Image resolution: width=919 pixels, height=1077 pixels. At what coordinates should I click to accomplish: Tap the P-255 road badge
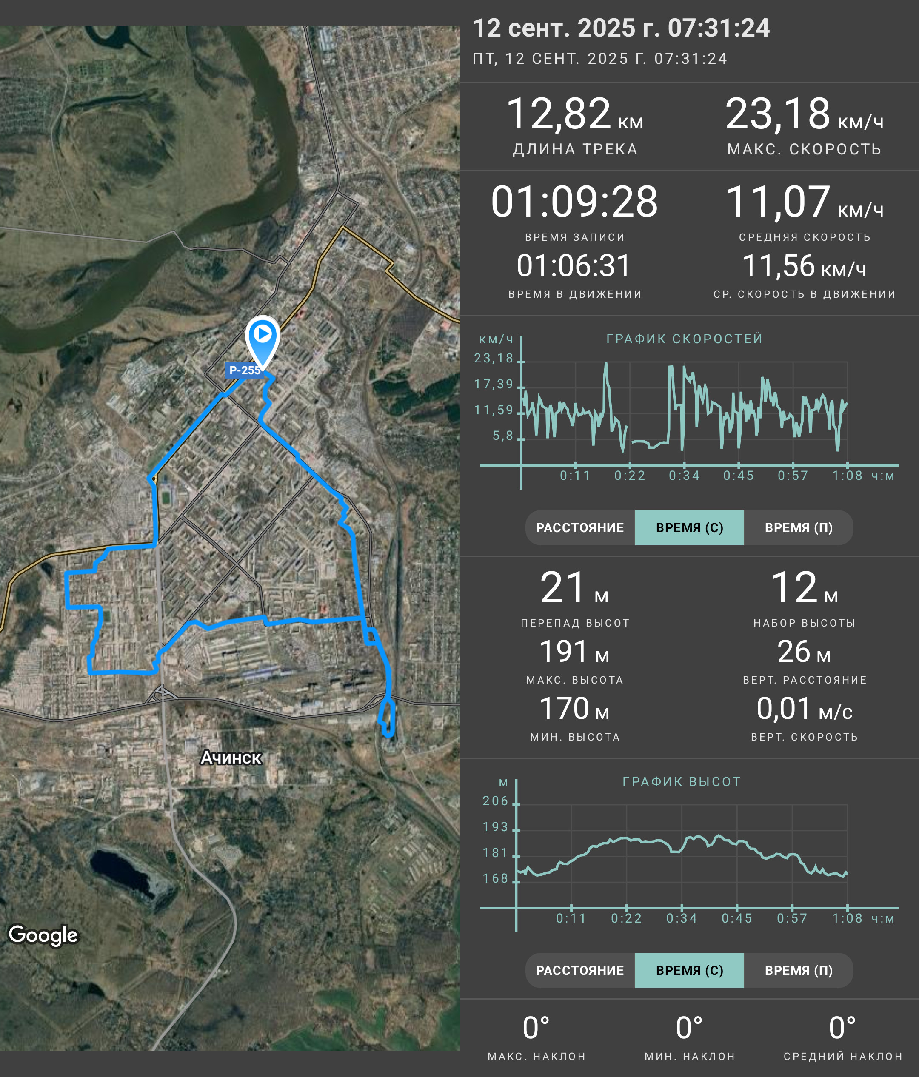pos(244,370)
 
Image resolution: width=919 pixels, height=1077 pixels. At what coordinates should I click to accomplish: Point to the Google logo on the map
pos(43,935)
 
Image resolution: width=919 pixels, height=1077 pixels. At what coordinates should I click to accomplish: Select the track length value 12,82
pos(558,114)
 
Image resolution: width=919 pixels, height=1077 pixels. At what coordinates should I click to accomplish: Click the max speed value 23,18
pos(778,114)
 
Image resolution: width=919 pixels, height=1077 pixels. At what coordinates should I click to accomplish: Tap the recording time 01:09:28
pos(574,202)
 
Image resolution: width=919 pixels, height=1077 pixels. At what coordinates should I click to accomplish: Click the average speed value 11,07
pos(778,202)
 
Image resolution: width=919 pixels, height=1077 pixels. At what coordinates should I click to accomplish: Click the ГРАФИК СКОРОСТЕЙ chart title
pos(685,339)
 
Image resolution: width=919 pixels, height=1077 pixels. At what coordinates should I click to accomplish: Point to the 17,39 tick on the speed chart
pos(493,384)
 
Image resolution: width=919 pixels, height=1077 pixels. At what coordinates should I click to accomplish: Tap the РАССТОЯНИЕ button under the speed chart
pos(580,527)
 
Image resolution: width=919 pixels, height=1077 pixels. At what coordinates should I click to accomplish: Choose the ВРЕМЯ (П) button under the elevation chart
pos(799,970)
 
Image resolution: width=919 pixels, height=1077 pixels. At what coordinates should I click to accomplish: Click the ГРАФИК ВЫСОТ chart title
pos(682,782)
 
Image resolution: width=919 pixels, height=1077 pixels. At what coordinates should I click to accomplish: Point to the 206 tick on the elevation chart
pos(495,801)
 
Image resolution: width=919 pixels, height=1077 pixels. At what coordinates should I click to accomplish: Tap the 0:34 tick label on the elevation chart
pos(682,918)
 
